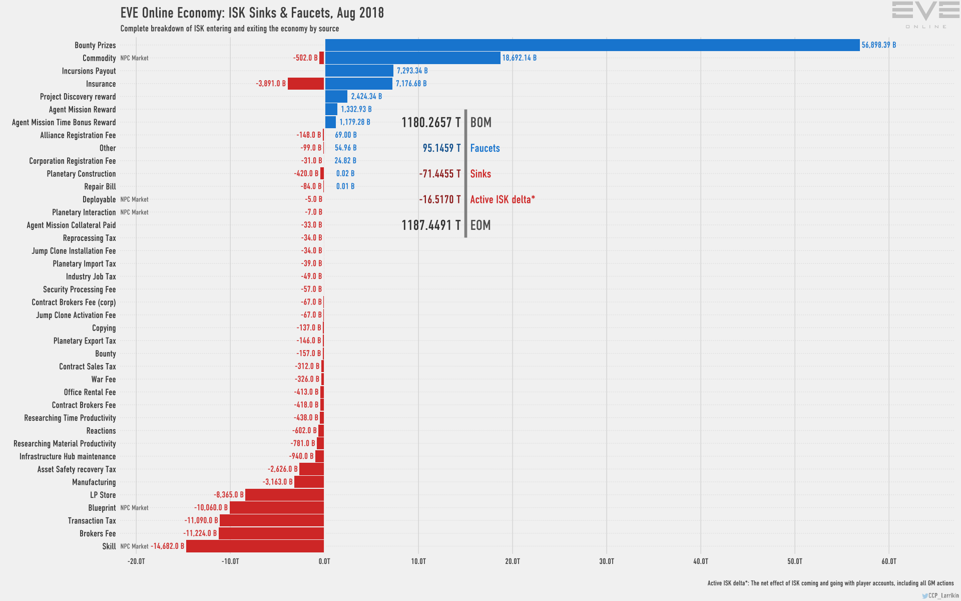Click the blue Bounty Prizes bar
point(592,45)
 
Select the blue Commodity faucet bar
point(412,58)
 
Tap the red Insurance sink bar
point(306,84)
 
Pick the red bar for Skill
point(255,546)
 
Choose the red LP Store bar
point(284,495)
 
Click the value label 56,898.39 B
point(878,45)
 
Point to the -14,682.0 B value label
point(167,546)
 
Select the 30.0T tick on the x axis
point(606,561)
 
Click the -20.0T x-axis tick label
point(136,561)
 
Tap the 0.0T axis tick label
point(324,561)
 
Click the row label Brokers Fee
point(98,534)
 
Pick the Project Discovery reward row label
point(78,97)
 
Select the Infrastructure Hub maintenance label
point(68,457)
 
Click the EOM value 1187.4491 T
point(431,225)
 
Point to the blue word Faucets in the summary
point(485,148)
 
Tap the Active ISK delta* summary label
point(502,200)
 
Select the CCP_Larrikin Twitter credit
point(940,595)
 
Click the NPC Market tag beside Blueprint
point(134,508)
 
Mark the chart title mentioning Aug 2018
point(252,13)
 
